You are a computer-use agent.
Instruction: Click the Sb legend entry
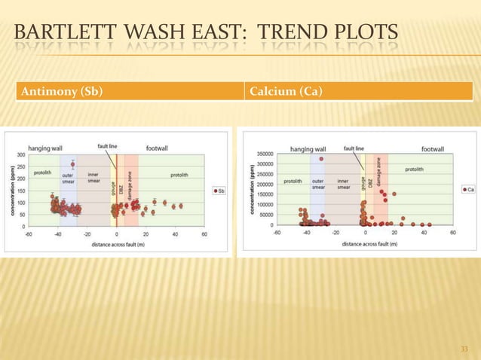[219, 191]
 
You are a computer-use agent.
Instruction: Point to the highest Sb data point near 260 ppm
[72, 164]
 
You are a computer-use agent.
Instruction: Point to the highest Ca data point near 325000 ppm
[321, 159]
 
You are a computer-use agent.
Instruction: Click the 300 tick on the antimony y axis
[20, 154]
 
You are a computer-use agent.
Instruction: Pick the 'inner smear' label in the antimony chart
[94, 178]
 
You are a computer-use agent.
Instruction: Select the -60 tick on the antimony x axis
[28, 234]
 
